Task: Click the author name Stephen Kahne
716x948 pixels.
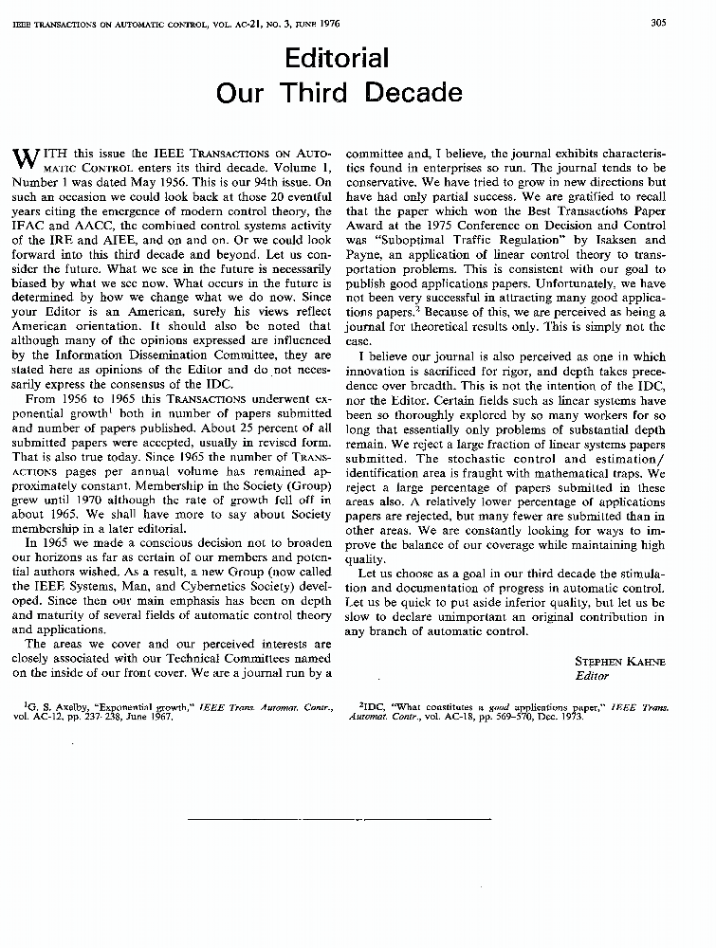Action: coord(620,661)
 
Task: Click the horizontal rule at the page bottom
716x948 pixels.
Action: coord(358,816)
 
